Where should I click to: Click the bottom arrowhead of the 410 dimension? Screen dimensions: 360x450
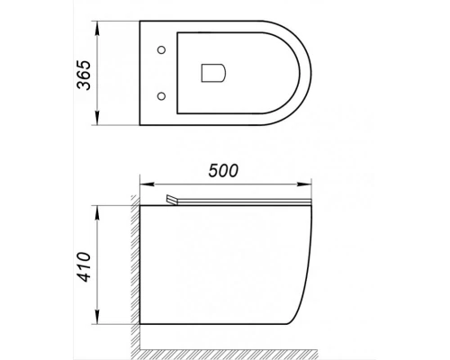click(x=97, y=323)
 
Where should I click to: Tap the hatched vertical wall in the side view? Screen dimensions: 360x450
click(x=132, y=270)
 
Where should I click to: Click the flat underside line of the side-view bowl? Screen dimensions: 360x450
click(x=216, y=326)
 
